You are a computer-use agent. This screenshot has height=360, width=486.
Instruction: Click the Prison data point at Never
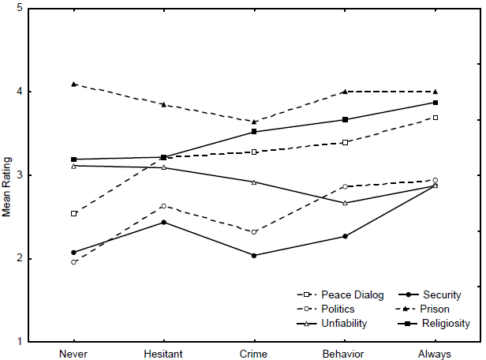(x=73, y=84)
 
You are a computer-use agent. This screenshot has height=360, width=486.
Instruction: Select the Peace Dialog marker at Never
(x=73, y=213)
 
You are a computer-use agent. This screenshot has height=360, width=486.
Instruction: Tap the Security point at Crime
(x=254, y=256)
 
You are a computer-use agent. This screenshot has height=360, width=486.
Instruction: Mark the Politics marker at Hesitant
(x=163, y=206)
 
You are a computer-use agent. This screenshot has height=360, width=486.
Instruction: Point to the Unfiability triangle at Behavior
(x=345, y=203)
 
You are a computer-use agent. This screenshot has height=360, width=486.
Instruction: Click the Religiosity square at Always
(x=435, y=103)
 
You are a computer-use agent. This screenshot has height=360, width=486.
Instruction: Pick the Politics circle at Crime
(x=254, y=232)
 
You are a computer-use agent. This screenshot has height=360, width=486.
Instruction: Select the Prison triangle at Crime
(x=254, y=122)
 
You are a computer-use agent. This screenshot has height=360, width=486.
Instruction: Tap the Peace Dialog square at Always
(x=435, y=118)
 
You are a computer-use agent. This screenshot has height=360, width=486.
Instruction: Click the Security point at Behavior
(x=345, y=236)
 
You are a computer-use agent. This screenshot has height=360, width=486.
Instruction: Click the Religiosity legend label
(x=447, y=323)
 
